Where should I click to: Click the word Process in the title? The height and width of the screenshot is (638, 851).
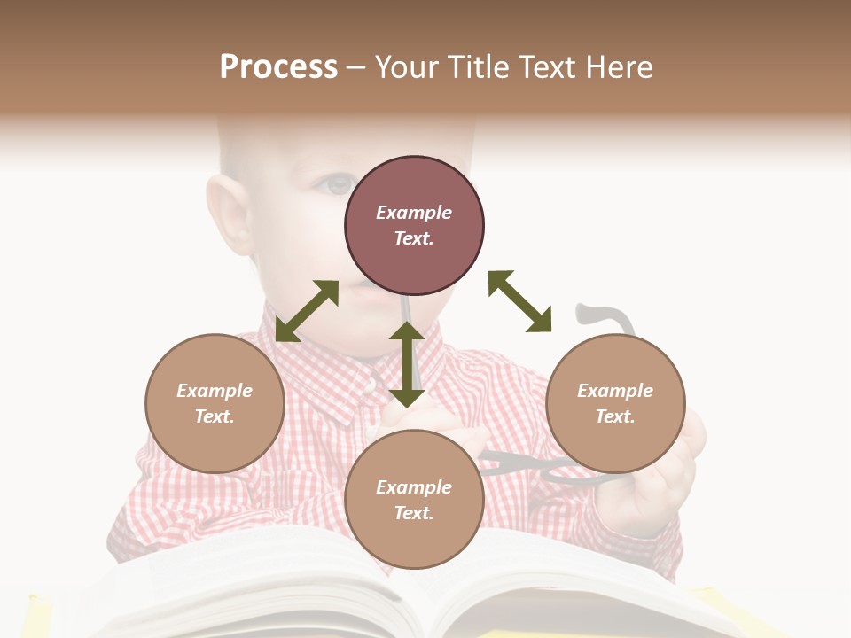[278, 67]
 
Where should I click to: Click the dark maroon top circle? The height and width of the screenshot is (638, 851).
[414, 226]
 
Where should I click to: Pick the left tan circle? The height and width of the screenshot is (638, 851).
[215, 403]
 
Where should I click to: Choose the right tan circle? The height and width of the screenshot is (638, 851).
[615, 403]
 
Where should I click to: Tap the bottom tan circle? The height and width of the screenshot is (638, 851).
[414, 499]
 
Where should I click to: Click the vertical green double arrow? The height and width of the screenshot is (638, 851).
[407, 364]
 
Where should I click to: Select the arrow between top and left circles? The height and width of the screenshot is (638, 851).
[307, 310]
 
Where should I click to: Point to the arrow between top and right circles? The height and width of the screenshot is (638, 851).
[520, 301]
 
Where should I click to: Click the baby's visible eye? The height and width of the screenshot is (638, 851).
[338, 184]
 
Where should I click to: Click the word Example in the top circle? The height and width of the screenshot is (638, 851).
[414, 213]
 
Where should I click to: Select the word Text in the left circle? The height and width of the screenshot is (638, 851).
[215, 416]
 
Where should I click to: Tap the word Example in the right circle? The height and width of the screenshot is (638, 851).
[615, 391]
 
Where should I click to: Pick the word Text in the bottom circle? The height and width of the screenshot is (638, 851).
[414, 513]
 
